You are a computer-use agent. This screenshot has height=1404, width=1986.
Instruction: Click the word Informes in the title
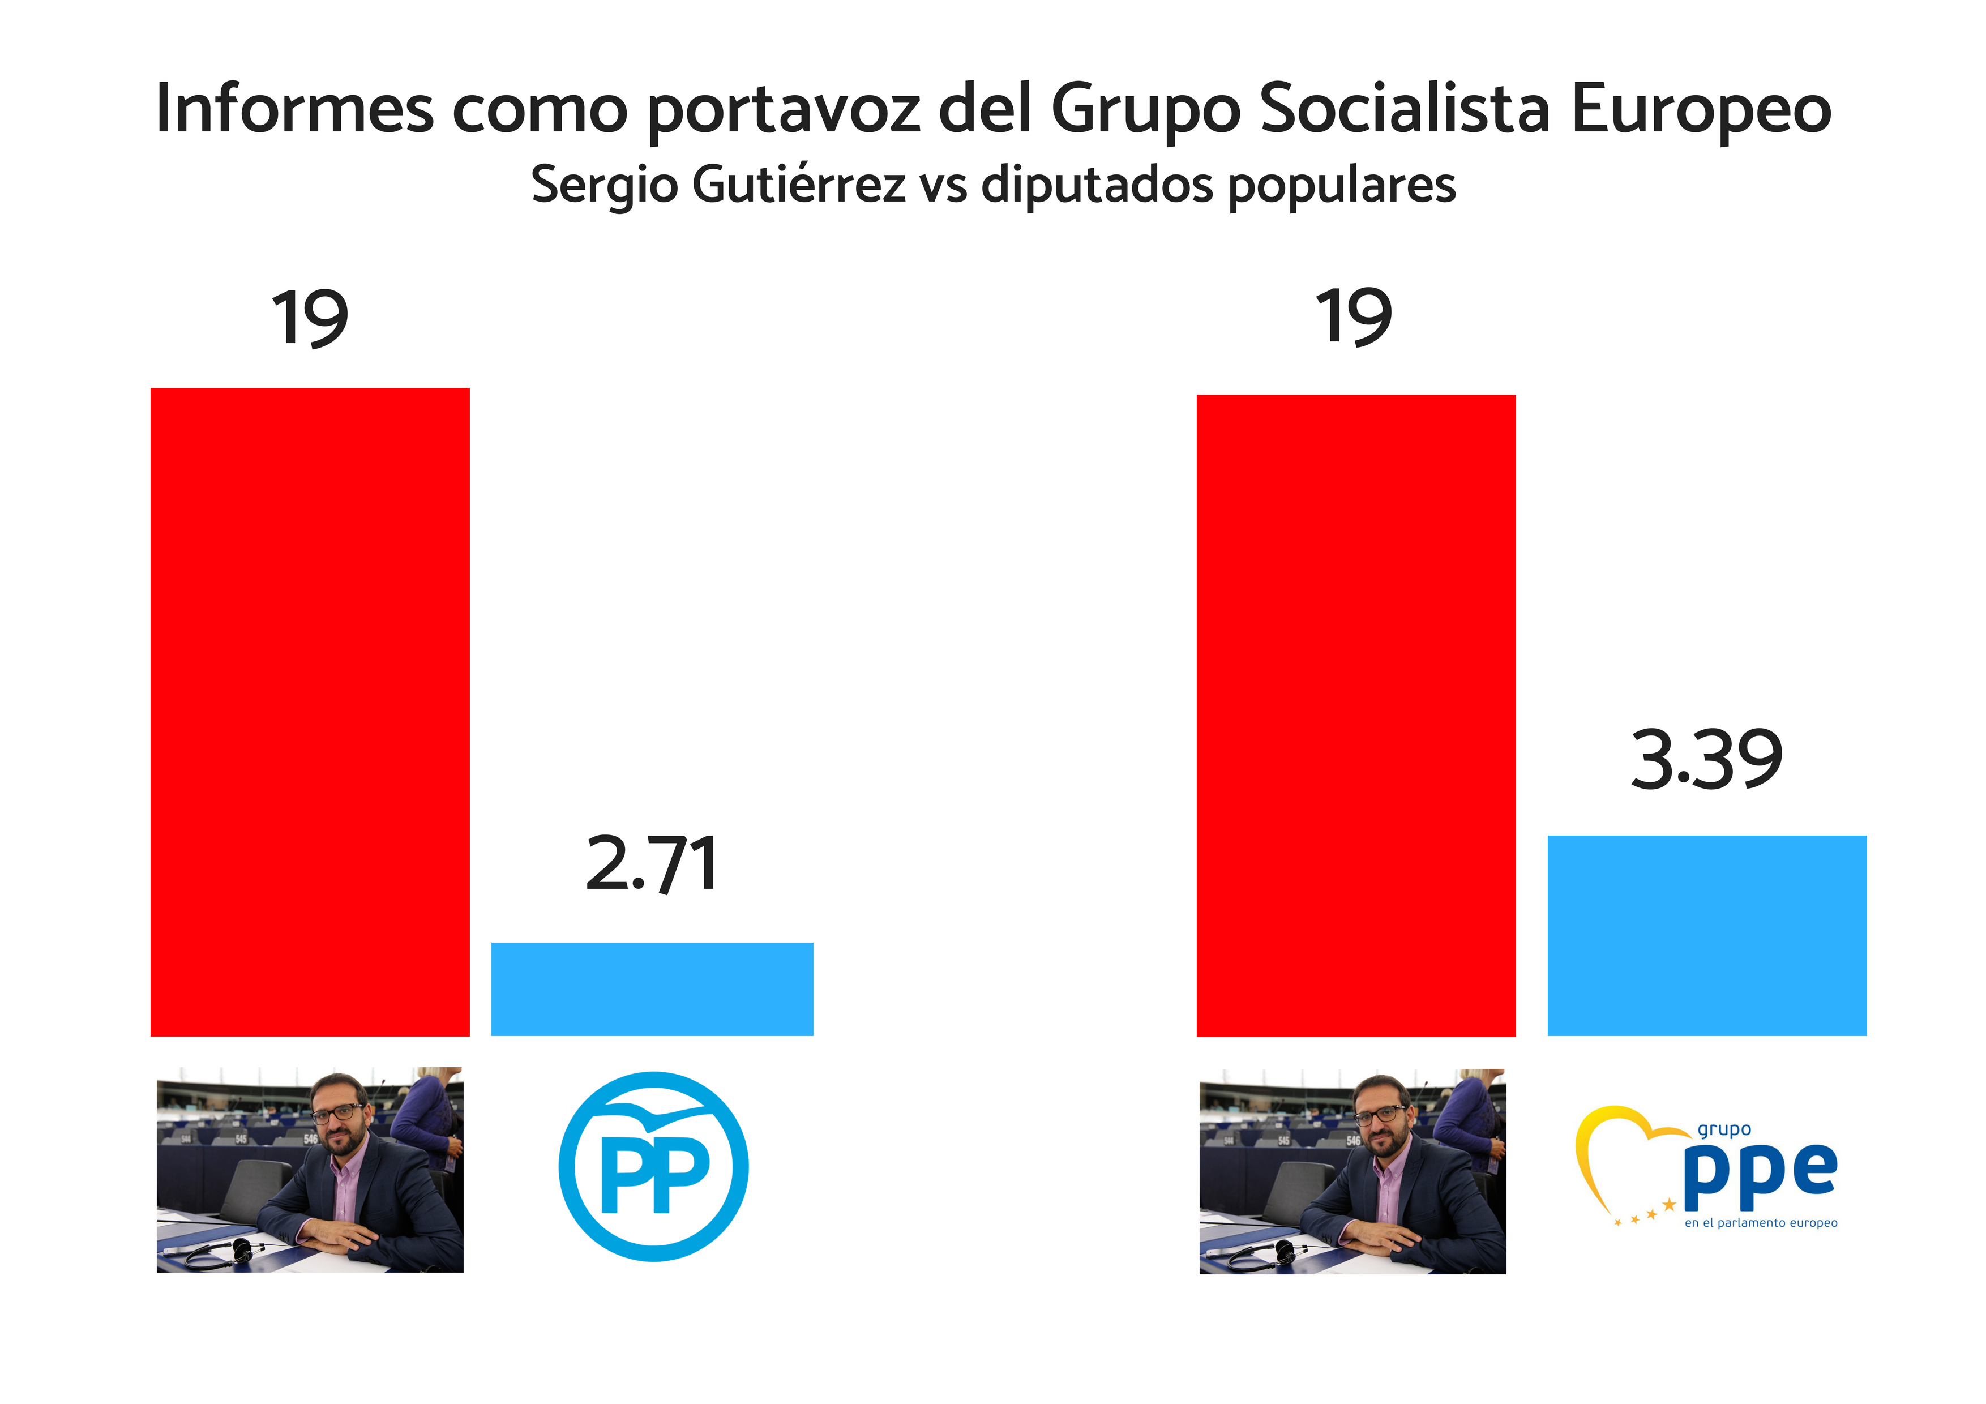(294, 109)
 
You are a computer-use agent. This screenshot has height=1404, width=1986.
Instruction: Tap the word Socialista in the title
(1405, 109)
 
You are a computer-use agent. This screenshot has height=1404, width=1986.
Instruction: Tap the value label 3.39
(1706, 760)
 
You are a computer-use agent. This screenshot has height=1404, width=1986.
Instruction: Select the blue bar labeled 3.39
(1706, 935)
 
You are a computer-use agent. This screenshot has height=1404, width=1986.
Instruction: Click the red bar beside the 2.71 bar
(310, 711)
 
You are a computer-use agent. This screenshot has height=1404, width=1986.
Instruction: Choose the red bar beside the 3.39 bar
(1355, 714)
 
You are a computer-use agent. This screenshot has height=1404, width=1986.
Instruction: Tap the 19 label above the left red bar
(310, 318)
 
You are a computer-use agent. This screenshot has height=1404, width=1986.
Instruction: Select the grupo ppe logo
(1706, 1168)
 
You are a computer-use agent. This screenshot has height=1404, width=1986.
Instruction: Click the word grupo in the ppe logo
(1723, 1130)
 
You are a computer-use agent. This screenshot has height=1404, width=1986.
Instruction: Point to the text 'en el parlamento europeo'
(1760, 1222)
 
